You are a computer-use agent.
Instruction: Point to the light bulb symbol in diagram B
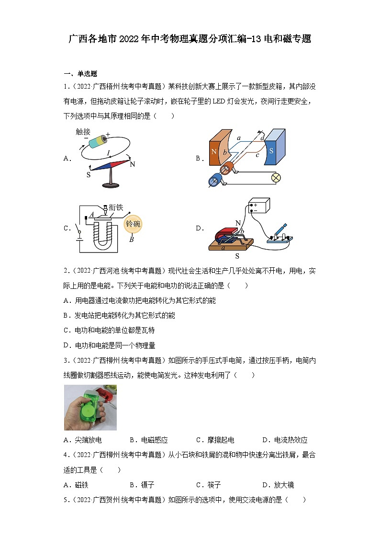click(276, 178)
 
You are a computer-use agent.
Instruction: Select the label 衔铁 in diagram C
click(116, 207)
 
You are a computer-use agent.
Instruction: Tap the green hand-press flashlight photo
click(90, 407)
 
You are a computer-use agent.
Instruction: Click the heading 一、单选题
click(80, 74)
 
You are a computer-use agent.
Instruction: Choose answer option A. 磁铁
click(76, 485)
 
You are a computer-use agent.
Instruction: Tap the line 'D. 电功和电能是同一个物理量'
click(109, 345)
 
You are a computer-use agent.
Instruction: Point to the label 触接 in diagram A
click(83, 131)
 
